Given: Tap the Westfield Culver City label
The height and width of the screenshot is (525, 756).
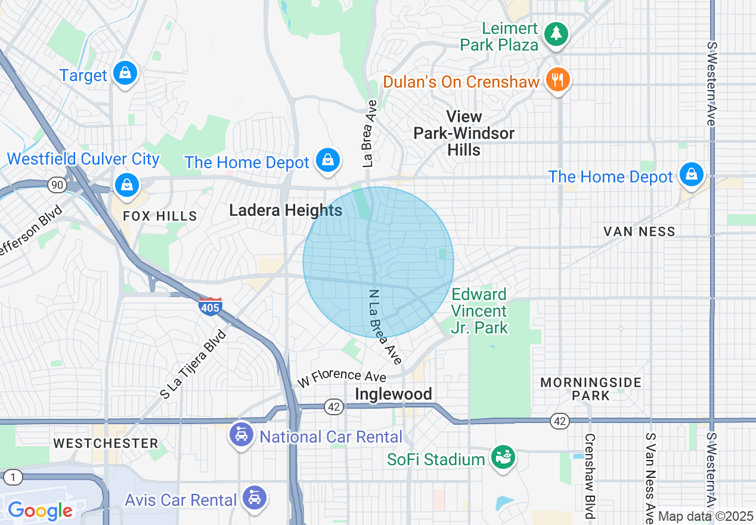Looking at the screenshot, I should (83, 159).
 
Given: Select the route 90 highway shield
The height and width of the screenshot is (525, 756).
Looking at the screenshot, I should (57, 185).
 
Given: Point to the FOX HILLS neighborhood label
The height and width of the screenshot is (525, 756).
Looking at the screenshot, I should (160, 216).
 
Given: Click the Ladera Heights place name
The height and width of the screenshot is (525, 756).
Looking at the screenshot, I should (286, 210).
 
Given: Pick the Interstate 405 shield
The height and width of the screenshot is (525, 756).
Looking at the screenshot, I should (210, 307).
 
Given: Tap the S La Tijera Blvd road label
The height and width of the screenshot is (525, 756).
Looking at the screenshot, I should (194, 364).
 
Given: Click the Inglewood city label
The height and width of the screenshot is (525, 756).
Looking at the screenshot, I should (393, 394).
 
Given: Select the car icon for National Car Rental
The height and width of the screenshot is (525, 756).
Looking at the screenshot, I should (241, 435).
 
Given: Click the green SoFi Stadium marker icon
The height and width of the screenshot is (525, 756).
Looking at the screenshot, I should (502, 458).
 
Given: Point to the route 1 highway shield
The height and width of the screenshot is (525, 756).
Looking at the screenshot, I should (13, 477).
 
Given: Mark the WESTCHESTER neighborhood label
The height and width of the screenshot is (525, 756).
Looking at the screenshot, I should (106, 443).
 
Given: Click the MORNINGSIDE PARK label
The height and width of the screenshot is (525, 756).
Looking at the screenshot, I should (591, 388).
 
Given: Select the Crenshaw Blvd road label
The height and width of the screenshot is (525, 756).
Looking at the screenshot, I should (590, 475).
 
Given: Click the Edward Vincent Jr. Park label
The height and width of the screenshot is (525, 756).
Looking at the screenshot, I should (479, 311).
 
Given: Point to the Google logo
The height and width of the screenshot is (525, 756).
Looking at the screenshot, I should (40, 511).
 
